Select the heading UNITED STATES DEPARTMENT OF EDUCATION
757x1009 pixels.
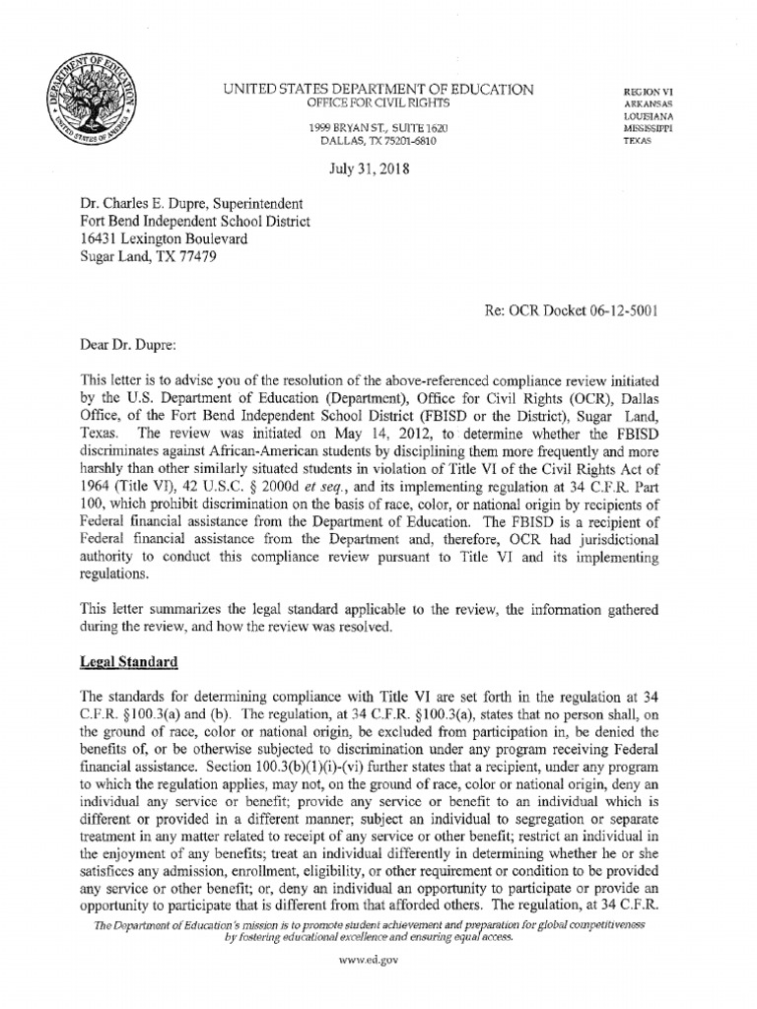point(379,91)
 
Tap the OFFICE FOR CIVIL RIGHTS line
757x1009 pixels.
point(378,103)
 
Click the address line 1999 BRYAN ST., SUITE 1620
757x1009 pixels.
point(378,129)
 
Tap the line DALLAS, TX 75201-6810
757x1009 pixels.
point(378,142)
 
